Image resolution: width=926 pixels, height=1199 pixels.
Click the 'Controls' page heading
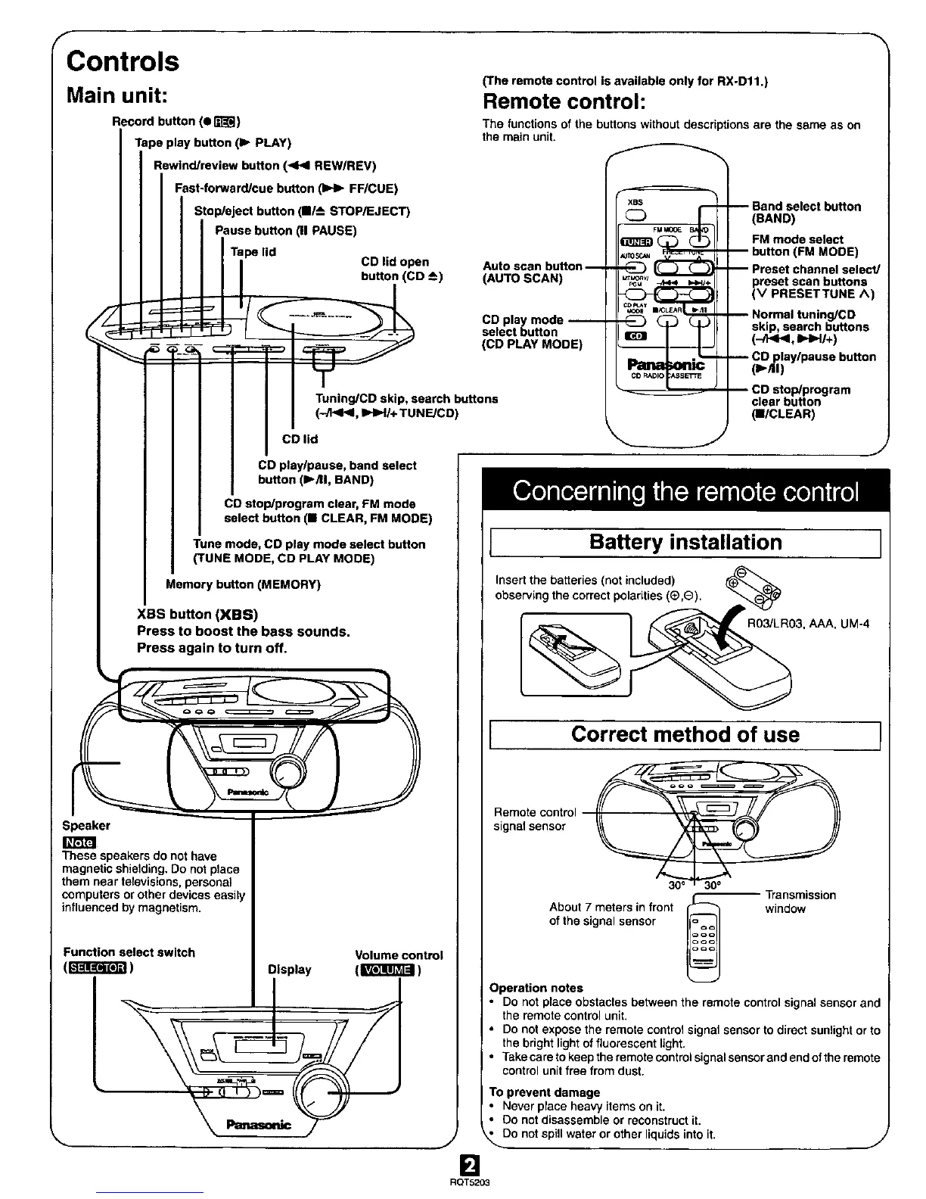pyautogui.click(x=123, y=61)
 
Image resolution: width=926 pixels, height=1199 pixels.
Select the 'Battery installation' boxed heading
pyautogui.click(x=685, y=543)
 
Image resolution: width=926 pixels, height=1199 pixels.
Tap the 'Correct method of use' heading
pyautogui.click(x=685, y=735)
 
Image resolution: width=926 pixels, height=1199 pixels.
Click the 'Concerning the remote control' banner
pyautogui.click(x=685, y=493)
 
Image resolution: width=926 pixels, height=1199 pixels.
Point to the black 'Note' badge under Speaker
pyautogui.click(x=79, y=842)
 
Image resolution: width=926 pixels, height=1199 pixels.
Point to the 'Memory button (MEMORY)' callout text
pyautogui.click(x=243, y=584)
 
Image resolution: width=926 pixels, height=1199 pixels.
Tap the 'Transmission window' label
pyautogui.click(x=800, y=902)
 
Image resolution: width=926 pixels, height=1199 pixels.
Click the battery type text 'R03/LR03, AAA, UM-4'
pyautogui.click(x=809, y=624)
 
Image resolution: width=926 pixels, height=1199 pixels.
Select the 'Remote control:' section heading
pyautogui.click(x=560, y=101)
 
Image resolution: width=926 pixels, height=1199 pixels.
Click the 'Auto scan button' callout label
pyautogui.click(x=532, y=272)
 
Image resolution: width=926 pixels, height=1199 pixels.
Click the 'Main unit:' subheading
pyautogui.click(x=121, y=96)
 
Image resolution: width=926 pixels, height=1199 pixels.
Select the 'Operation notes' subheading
pyautogui.click(x=536, y=988)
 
